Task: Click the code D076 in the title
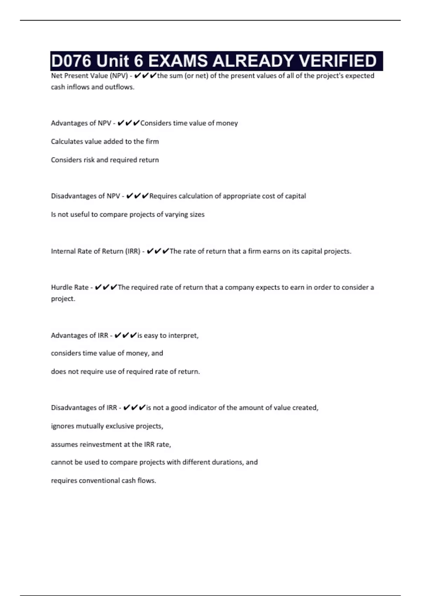click(x=71, y=61)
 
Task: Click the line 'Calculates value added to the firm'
click(x=105, y=142)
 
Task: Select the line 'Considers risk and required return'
click(x=105, y=160)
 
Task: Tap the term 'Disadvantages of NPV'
click(x=85, y=196)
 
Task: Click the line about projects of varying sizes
click(x=128, y=214)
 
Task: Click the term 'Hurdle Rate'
click(x=69, y=287)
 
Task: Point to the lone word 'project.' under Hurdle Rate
click(x=63, y=299)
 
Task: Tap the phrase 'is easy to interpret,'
click(x=168, y=336)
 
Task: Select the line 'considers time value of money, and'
click(x=107, y=353)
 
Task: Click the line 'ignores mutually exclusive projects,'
click(x=107, y=426)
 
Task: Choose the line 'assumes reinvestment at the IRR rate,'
click(x=111, y=444)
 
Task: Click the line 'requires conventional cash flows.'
click(x=103, y=481)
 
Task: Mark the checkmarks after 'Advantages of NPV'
click(x=128, y=123)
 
